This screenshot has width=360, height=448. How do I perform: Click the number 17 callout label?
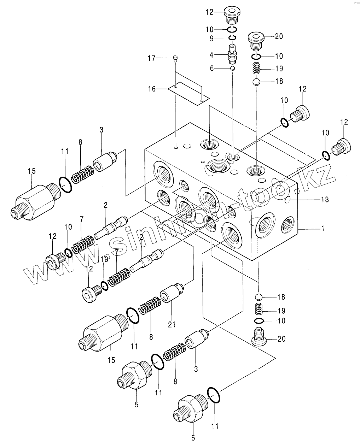(151, 59)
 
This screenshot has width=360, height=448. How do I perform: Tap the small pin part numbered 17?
(175, 59)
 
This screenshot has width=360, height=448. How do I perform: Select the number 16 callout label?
(151, 89)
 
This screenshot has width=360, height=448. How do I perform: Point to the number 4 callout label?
(211, 55)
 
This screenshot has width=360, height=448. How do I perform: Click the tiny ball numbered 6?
(232, 68)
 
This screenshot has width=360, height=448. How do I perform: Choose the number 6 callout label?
(212, 69)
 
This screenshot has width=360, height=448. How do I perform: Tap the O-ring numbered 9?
(232, 38)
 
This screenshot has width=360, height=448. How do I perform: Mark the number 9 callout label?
(212, 38)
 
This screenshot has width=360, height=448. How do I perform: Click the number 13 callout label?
(325, 200)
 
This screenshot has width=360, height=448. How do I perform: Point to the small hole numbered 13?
(288, 200)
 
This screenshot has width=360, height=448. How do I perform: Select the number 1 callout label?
(322, 229)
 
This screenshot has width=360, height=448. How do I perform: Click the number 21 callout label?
(172, 324)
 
